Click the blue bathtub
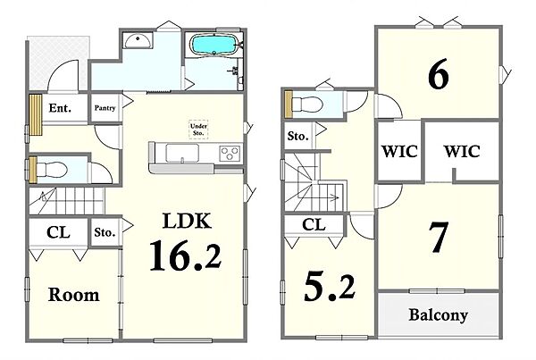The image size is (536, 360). pyautogui.click(x=214, y=45)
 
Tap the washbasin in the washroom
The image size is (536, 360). pyautogui.click(x=138, y=41)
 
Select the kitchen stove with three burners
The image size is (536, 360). pyautogui.click(x=230, y=153)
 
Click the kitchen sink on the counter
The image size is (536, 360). pyautogui.click(x=182, y=153)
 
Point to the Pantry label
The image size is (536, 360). pyautogui.click(x=105, y=108)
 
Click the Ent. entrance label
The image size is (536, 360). pyautogui.click(x=60, y=108)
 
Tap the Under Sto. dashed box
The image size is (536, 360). pyautogui.click(x=198, y=130)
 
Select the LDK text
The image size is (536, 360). pyautogui.click(x=187, y=221)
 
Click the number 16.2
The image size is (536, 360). pyautogui.click(x=186, y=255)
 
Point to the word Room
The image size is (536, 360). pyautogui.click(x=74, y=295)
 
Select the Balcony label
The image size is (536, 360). pyautogui.click(x=439, y=314)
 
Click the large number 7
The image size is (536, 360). pyautogui.click(x=439, y=238)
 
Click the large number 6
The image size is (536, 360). pyautogui.click(x=439, y=73)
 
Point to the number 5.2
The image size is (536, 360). pyautogui.click(x=330, y=287)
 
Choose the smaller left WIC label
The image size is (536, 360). pyautogui.click(x=399, y=152)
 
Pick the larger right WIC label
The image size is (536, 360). pyautogui.click(x=462, y=151)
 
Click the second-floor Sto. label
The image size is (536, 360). pyautogui.click(x=297, y=137)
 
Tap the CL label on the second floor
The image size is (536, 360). pyautogui.click(x=314, y=224)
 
